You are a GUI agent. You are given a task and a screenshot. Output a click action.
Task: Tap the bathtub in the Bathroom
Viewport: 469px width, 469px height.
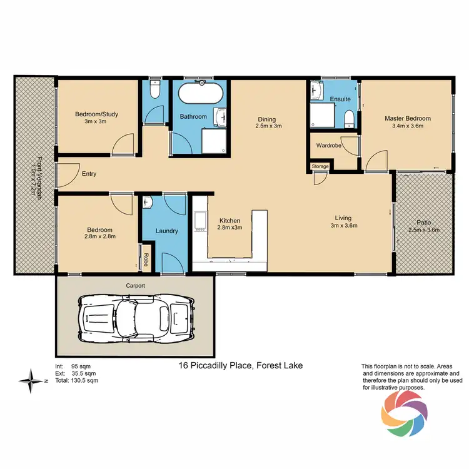pos(200,95)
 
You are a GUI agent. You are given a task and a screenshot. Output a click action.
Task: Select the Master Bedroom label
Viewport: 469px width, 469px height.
pos(407,118)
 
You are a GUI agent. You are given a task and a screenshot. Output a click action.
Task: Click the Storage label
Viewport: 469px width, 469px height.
pos(321,166)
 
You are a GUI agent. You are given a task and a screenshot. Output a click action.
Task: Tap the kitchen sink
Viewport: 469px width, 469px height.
pos(201,221)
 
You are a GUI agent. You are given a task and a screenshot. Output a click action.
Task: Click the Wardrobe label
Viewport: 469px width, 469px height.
pos(328,146)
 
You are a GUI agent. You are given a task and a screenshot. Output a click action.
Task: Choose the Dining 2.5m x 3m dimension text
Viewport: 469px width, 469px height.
pos(268,126)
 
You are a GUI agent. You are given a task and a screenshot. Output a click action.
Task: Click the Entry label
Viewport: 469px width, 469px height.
pos(89,174)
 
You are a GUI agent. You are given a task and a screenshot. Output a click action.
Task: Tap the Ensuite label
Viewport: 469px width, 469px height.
pos(340,99)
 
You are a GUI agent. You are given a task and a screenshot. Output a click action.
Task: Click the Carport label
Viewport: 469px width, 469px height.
pos(135,285)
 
